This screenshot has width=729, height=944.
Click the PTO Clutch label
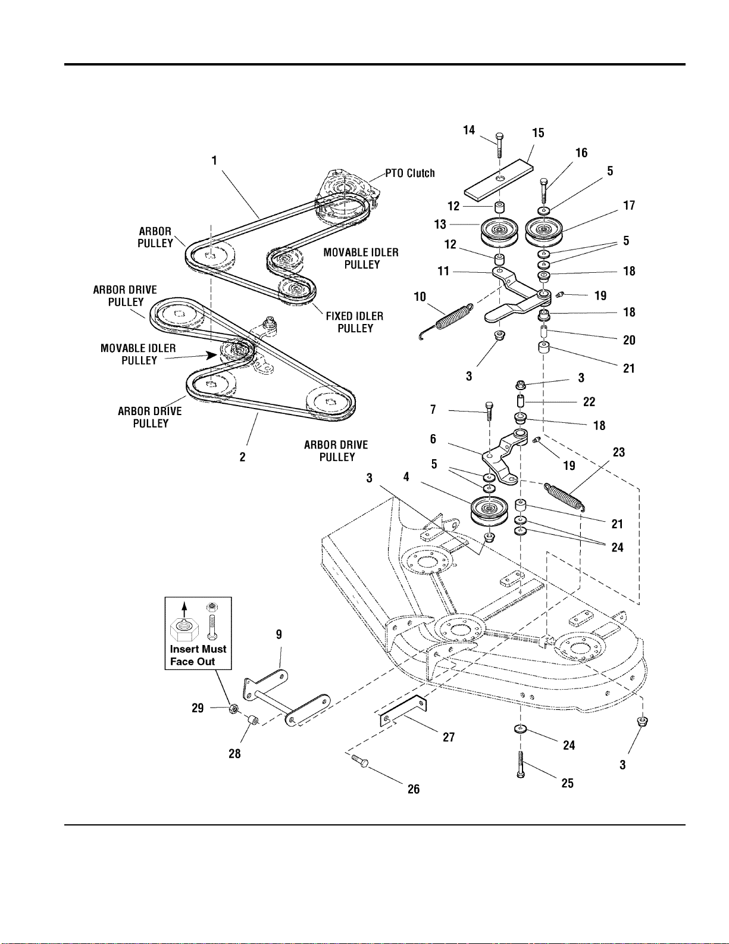[x=410, y=173]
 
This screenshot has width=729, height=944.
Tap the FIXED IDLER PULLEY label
[x=355, y=322]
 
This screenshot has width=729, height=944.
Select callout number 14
[x=469, y=130]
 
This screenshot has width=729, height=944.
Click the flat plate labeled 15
[x=499, y=180]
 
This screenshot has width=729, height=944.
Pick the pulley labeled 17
[x=544, y=230]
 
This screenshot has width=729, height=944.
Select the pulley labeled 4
[x=489, y=510]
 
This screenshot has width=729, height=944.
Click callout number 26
[x=414, y=789]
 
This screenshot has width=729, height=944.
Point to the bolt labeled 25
[x=521, y=764]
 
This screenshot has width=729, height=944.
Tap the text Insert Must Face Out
[x=198, y=655]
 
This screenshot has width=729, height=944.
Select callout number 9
[x=279, y=635]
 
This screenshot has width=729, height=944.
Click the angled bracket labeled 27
[x=403, y=710]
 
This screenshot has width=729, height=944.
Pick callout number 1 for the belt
[x=214, y=161]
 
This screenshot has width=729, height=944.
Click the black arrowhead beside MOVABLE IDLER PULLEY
[x=211, y=355]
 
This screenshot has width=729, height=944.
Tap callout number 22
[x=589, y=401]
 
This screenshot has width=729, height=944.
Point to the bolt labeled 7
[x=489, y=410]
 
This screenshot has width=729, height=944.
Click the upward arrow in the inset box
[x=185, y=609]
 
